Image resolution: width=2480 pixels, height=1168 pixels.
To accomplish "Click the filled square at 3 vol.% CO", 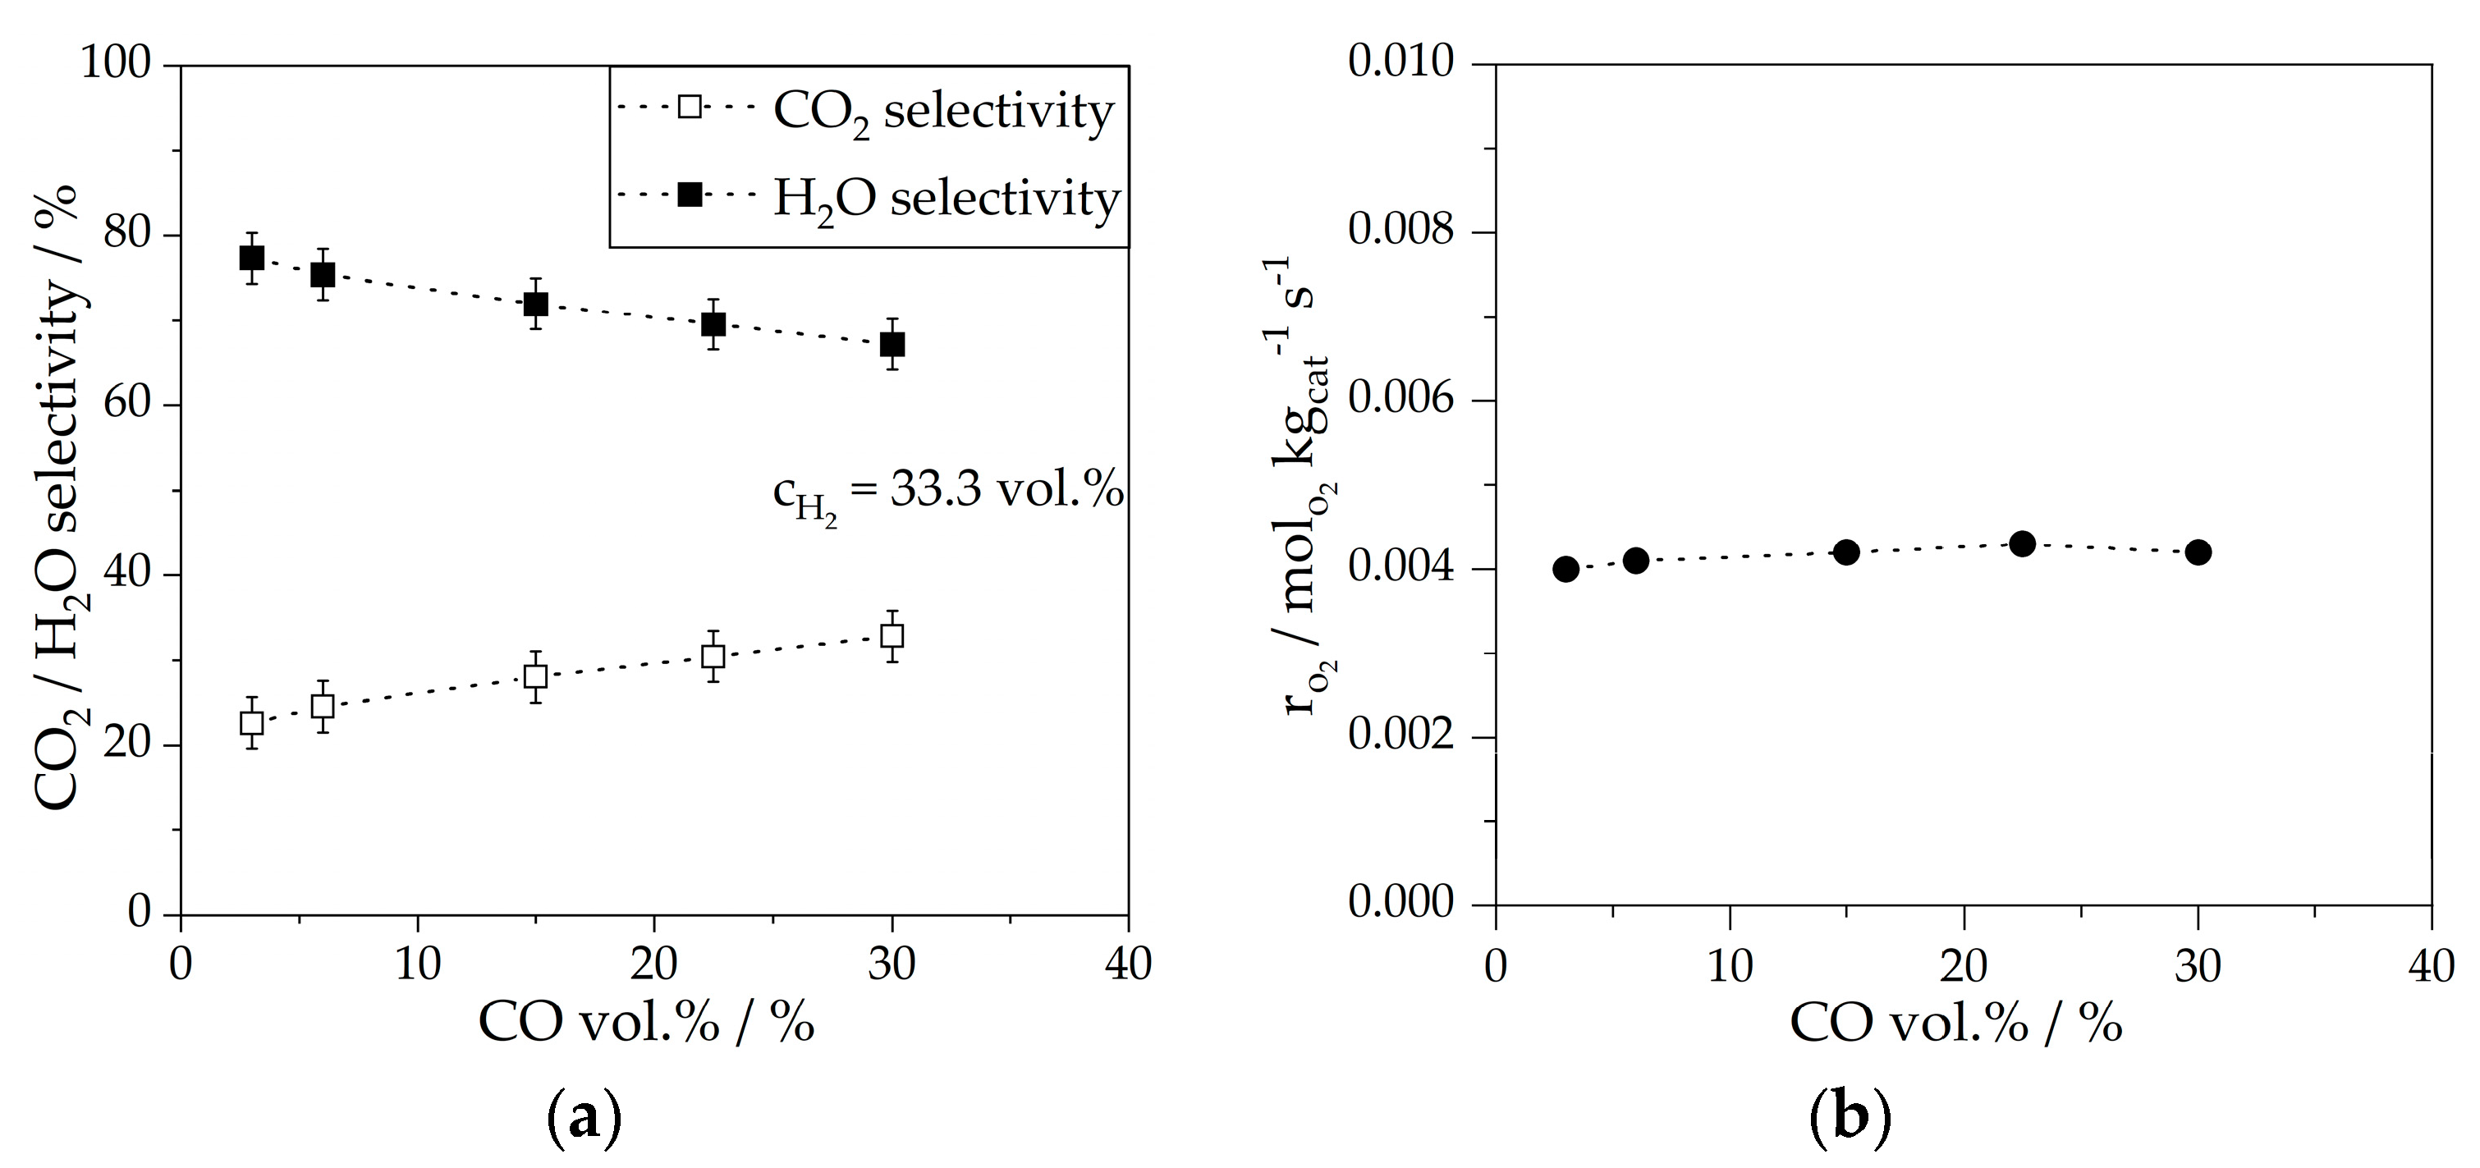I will click(x=251, y=258).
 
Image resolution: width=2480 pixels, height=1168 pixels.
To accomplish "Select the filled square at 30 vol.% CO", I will click(x=892, y=344).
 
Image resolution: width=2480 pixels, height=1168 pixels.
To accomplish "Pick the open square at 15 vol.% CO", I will click(x=535, y=676).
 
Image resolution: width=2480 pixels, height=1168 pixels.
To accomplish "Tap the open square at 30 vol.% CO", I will click(x=892, y=635).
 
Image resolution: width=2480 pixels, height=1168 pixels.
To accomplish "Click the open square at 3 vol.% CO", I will click(x=251, y=722).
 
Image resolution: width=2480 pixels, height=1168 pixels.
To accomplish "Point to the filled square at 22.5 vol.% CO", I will click(x=713, y=323).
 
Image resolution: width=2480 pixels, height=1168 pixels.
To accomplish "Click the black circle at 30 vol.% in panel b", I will click(x=2197, y=552).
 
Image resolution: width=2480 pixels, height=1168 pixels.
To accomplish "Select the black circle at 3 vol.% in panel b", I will click(x=1565, y=568).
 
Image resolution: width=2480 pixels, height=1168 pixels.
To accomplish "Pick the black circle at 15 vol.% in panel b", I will click(x=1845, y=552).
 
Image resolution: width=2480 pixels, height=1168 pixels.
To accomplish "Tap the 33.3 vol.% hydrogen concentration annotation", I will click(x=948, y=493).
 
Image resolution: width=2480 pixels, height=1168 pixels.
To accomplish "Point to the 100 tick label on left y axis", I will click(x=116, y=65).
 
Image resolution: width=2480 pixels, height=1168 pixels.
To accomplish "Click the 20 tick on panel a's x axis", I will click(x=654, y=964).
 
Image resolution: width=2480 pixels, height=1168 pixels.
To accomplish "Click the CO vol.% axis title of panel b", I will click(x=1955, y=1024).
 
